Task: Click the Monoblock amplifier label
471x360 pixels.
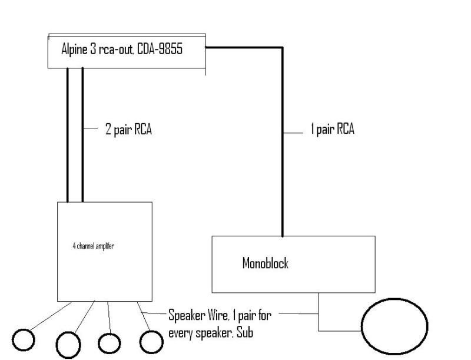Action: [x=266, y=263]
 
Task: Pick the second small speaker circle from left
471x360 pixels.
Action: [x=68, y=343]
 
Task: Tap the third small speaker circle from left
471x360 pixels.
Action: [x=110, y=342]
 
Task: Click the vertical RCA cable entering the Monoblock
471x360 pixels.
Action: [x=283, y=177]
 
